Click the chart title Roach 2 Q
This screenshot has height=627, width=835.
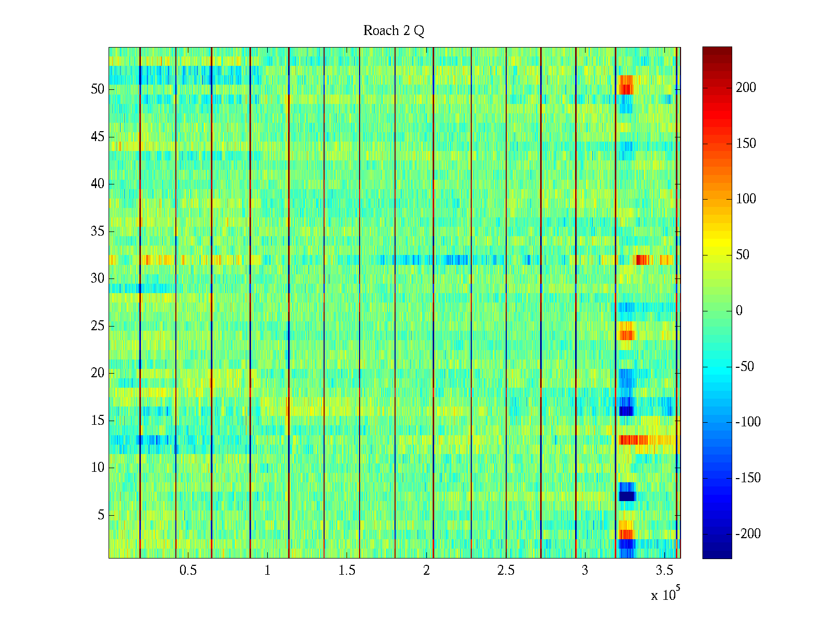coord(393,31)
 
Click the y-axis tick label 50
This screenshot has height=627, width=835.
coord(98,89)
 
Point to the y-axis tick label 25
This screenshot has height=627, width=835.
coord(98,326)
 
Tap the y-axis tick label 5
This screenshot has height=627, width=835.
coord(101,515)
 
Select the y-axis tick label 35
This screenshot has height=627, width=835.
coord(98,231)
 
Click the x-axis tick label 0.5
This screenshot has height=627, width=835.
coord(188,571)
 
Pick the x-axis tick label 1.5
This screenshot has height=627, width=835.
coord(347,571)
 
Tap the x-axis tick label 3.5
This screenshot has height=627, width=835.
coord(664,571)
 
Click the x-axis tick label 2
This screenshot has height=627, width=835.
coord(426,571)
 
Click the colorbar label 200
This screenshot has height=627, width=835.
coord(746,88)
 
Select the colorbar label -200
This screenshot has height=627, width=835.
coord(748,534)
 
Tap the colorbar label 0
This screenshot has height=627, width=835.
coord(739,311)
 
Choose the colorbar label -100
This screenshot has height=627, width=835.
coord(748,422)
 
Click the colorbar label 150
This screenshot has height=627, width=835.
coord(746,144)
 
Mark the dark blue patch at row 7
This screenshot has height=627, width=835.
coord(627,496)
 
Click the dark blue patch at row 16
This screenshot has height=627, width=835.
coord(626,411)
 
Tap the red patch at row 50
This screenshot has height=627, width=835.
coord(626,89)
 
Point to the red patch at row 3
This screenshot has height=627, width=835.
coord(626,534)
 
